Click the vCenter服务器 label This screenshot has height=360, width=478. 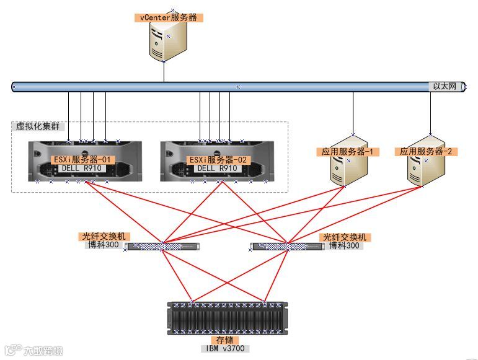tap(168, 17)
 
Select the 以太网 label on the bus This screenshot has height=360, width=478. tap(444, 87)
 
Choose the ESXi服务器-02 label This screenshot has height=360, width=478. tap(218, 159)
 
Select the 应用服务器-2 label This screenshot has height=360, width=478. tap(428, 151)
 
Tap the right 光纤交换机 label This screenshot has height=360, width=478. tap(344, 237)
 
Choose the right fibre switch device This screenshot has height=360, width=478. tap(288, 246)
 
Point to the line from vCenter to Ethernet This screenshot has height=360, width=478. tap(164, 71)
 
